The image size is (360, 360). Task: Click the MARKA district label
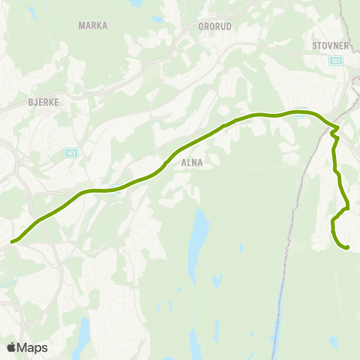coord(93,25)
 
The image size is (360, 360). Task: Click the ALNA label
coord(192,161)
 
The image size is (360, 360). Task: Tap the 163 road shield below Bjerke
coord(71,152)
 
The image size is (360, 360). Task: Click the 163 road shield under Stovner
coord(335,61)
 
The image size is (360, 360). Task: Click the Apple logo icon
coord(11,347)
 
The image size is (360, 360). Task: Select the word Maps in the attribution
coord(32,347)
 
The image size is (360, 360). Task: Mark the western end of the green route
coord(12,241)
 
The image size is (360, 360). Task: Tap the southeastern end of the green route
coord(347,247)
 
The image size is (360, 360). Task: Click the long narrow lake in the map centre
coord(198,236)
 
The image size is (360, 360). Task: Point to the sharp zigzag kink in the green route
coord(334,133)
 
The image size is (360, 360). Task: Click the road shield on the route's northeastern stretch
coord(299,114)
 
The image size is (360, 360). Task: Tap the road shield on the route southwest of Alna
coord(115,189)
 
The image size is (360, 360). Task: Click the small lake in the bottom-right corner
coord(333,341)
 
